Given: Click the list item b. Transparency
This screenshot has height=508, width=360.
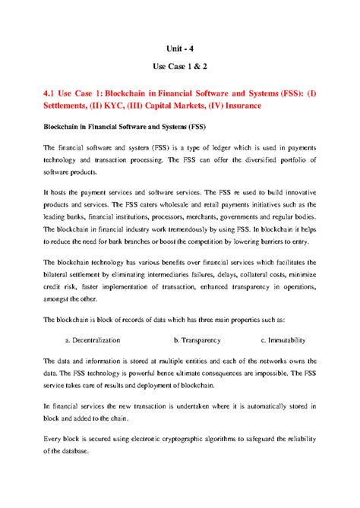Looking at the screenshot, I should (x=200, y=340).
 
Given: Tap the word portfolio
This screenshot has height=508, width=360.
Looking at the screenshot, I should (x=286, y=161).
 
